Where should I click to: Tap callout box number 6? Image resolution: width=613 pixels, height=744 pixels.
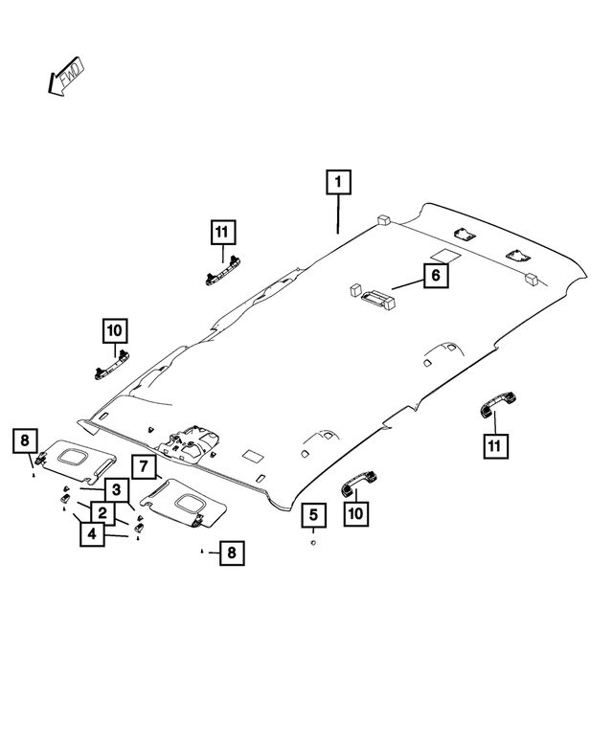tap(434, 276)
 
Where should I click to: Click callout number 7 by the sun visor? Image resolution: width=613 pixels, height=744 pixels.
tap(142, 467)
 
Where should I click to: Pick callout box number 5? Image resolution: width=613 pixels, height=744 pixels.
tap(312, 515)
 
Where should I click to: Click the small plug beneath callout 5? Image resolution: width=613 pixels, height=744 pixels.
tap(313, 543)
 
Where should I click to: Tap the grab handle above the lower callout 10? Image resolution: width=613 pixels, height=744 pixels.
tap(357, 480)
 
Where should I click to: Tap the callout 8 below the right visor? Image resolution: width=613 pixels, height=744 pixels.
tap(231, 552)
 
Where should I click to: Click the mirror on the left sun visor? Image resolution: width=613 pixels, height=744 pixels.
tap(74, 457)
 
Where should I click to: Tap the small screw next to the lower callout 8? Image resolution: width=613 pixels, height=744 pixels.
tap(202, 552)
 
